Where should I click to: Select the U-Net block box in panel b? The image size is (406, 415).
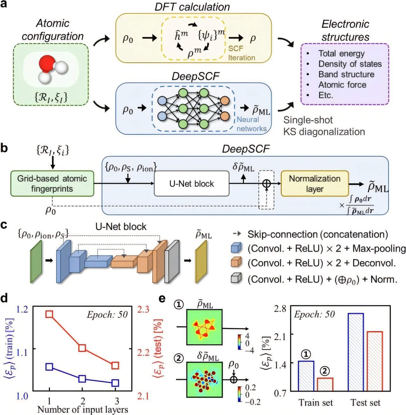point(191,184)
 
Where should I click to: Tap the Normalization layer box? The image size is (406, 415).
point(315,184)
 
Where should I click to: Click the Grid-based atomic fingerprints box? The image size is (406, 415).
point(52,184)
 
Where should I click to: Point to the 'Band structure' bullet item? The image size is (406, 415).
point(346,75)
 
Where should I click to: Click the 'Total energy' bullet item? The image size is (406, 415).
point(341,54)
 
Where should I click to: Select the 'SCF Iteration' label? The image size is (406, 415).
point(241,53)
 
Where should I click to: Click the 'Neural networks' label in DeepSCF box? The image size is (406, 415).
point(252,124)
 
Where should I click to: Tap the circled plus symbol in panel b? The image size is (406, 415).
point(266,184)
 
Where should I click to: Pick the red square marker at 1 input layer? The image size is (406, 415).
point(49,314)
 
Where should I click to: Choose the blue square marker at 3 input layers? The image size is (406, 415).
point(115,383)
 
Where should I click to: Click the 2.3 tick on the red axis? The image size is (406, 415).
point(143,309)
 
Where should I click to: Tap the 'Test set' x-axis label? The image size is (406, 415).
point(365,403)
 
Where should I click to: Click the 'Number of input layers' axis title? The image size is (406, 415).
point(82,410)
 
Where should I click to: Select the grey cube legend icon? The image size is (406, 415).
point(236,279)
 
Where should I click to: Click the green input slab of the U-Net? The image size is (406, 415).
point(36,261)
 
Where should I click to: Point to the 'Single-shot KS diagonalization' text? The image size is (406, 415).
point(324,126)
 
